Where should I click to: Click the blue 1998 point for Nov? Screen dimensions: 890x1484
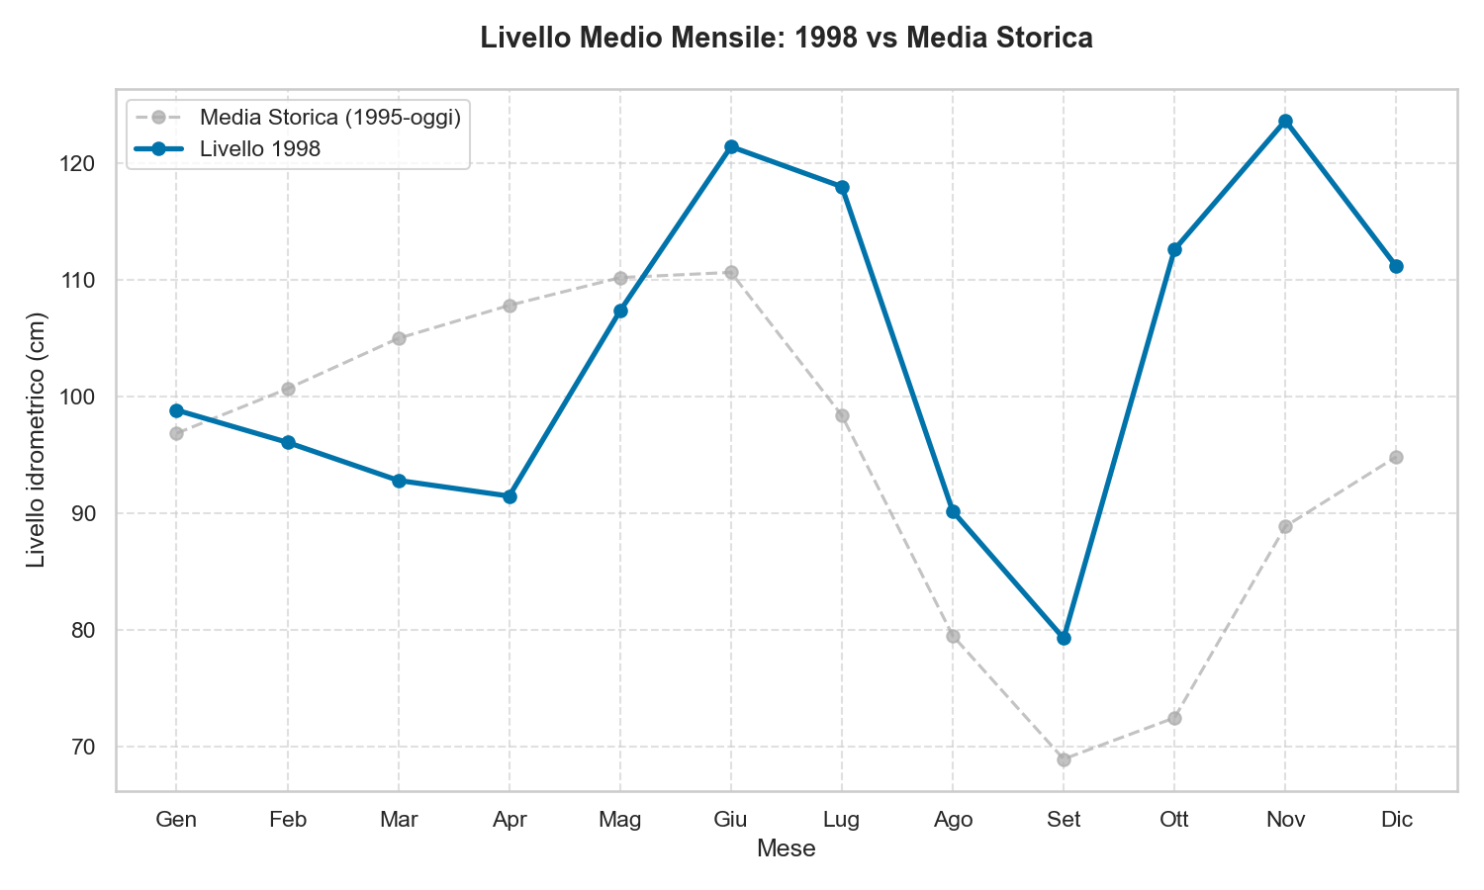click(1285, 122)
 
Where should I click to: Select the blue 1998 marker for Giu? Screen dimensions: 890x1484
click(731, 147)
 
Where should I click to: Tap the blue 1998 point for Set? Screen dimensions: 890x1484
click(1064, 638)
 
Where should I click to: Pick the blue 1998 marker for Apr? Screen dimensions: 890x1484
click(510, 496)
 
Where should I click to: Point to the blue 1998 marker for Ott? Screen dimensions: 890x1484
click(1174, 249)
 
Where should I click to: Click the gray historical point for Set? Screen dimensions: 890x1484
click(1064, 759)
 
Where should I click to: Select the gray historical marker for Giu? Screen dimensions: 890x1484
click(731, 272)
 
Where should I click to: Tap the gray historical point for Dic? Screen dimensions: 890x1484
click(1396, 457)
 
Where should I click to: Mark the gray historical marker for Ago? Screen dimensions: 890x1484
click(953, 636)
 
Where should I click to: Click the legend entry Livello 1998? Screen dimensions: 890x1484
click(260, 148)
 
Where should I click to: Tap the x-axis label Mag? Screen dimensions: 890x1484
click(620, 820)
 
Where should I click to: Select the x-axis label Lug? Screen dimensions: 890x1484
click(842, 820)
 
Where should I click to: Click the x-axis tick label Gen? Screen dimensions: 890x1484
click(176, 820)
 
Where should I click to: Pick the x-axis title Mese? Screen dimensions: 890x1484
click(786, 848)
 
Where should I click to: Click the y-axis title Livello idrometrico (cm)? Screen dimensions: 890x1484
click(37, 440)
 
